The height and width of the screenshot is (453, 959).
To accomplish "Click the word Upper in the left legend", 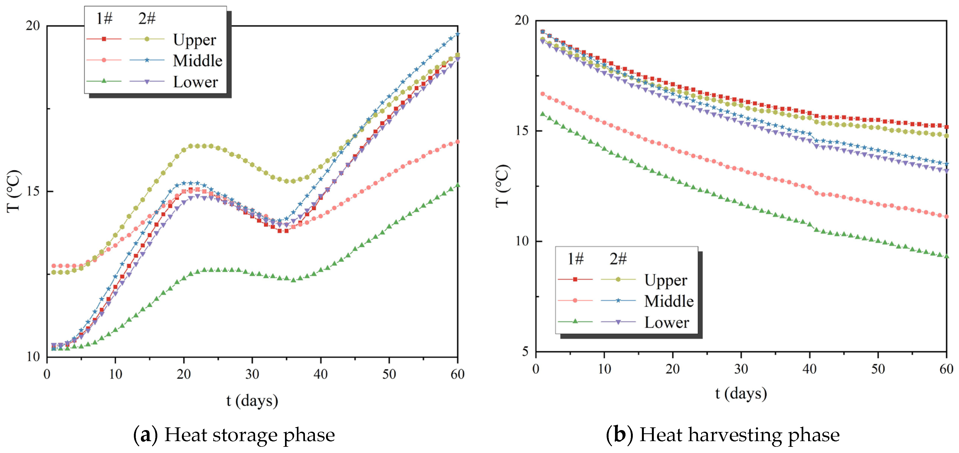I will tap(194, 40).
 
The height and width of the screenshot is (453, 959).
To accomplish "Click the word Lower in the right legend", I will tap(666, 322).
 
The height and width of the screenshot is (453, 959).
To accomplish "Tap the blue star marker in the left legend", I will tap(147, 60).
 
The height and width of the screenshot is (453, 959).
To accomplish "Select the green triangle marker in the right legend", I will tap(575, 321).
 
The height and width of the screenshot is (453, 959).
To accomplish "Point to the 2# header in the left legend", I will tap(147, 18).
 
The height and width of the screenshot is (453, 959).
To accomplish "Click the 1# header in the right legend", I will tap(575, 259).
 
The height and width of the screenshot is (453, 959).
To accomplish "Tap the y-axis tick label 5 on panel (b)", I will tap(525, 351).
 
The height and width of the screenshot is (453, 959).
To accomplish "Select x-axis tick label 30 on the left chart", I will tap(252, 374).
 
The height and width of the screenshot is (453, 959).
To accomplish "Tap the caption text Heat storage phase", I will tap(249, 435).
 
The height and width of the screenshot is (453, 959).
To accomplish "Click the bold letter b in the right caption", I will tap(619, 435).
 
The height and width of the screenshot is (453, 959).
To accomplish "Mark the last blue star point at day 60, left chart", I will tap(457, 34).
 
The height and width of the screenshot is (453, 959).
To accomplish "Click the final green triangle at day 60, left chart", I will tap(457, 185).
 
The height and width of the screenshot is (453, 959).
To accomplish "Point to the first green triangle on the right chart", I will tap(543, 114).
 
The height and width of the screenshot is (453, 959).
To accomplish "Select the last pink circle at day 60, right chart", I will tap(946, 217).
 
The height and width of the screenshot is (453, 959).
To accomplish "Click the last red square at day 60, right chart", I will tap(946, 127).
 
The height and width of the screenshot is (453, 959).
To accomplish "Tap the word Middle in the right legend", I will tap(669, 301).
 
